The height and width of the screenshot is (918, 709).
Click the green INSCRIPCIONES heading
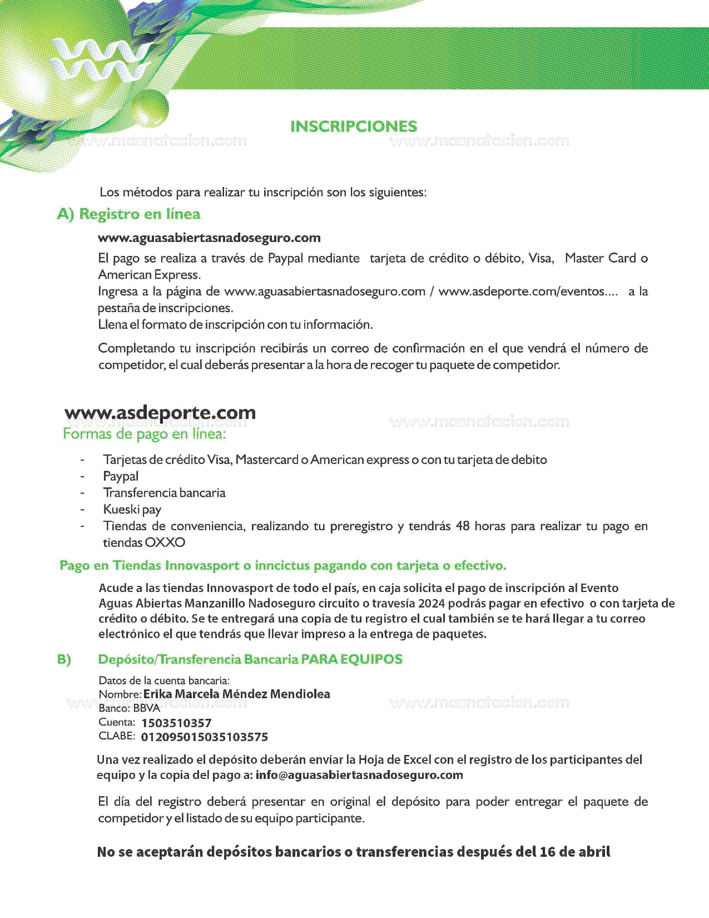tap(354, 126)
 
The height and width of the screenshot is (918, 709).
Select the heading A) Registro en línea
tap(128, 214)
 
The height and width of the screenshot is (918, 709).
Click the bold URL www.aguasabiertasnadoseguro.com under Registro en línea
tap(209, 238)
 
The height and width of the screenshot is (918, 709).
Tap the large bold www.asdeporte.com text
tap(160, 413)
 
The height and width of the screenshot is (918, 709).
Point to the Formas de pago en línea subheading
tap(144, 434)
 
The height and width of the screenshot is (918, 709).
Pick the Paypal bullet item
tap(121, 476)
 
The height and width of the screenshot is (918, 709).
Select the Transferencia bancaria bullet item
tap(164, 493)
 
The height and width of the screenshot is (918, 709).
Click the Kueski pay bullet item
tap(132, 510)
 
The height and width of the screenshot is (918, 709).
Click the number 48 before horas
tap(463, 526)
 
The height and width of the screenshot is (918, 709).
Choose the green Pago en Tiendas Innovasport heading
tap(282, 566)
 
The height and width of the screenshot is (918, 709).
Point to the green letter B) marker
tap(64, 660)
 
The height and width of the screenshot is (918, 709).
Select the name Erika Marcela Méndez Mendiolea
tap(236, 694)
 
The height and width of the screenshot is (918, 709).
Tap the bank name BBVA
tap(146, 708)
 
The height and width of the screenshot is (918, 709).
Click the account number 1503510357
tap(176, 723)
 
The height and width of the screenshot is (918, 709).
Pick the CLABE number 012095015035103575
tap(204, 737)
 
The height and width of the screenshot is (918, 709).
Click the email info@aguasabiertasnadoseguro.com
tap(359, 775)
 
